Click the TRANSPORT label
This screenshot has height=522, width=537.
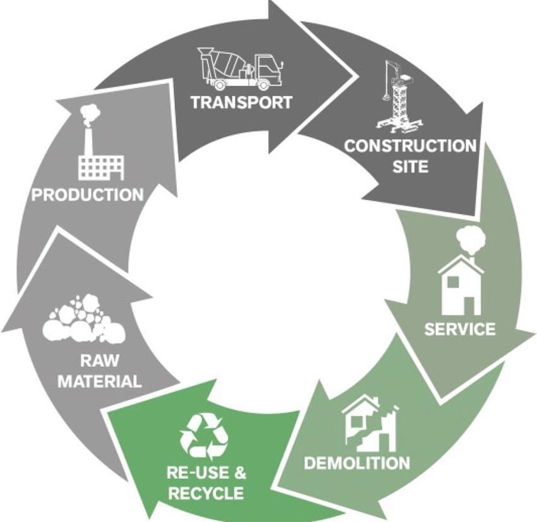[x=241, y=102]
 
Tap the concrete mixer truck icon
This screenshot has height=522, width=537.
[x=235, y=68]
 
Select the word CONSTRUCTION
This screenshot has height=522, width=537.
[x=409, y=146]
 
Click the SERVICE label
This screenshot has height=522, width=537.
[x=459, y=329]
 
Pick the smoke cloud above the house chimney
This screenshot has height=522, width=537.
[x=473, y=239]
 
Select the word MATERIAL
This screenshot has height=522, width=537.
[x=100, y=382]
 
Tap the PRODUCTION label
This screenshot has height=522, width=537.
[x=87, y=194]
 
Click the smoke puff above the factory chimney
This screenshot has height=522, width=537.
[x=90, y=113]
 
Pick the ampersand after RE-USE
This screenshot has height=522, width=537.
[x=239, y=473]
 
